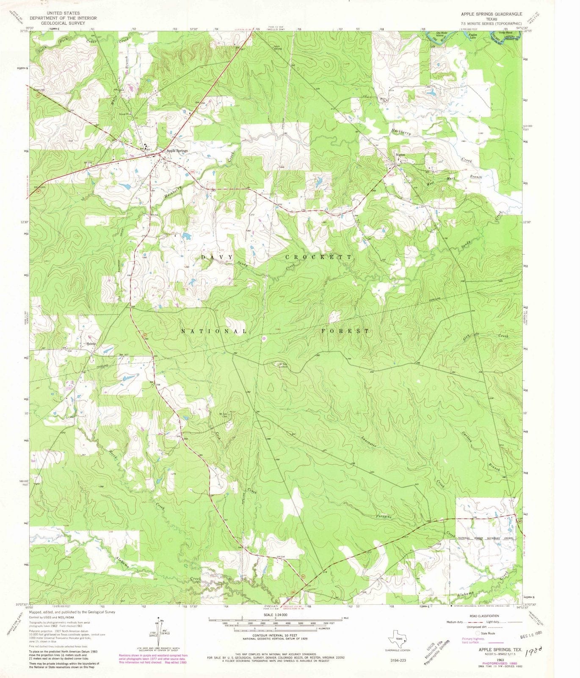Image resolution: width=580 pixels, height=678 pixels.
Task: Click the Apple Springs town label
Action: [x=177, y=150]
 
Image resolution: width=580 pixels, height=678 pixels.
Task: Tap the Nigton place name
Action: [x=400, y=155]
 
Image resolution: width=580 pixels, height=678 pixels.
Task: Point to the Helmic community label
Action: [x=92, y=344]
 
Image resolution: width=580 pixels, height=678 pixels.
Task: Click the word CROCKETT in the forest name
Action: [x=318, y=257]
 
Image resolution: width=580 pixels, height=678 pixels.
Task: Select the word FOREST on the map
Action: [x=345, y=331]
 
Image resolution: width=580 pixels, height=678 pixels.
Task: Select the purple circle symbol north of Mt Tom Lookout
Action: [x=263, y=338]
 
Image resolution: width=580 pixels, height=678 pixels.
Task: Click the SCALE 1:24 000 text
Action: [x=275, y=615]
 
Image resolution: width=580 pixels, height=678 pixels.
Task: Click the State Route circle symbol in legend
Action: [x=478, y=633]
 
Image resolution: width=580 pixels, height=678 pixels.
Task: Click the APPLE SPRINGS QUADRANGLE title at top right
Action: [x=492, y=14]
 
